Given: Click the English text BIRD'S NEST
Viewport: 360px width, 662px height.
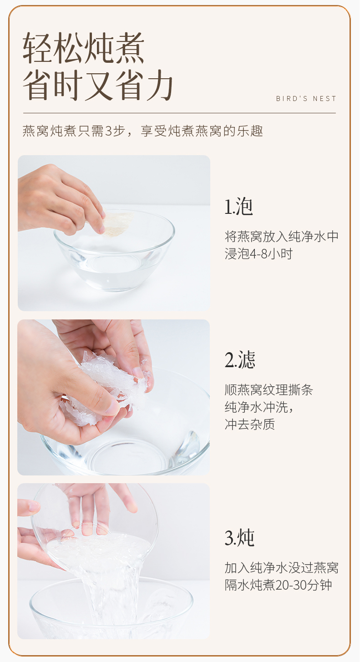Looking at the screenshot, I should click(x=306, y=99).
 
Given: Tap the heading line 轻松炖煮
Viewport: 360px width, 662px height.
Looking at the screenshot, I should click(x=84, y=48).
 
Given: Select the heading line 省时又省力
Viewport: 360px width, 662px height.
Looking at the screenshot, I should click(x=98, y=85).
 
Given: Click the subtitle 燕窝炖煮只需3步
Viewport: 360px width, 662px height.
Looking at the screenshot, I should click(x=72, y=131).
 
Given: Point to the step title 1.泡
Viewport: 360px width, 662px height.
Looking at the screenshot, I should click(x=238, y=207).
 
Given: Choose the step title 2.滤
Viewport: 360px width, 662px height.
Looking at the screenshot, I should click(x=240, y=360).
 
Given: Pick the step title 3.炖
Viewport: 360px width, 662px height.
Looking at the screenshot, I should click(x=239, y=538).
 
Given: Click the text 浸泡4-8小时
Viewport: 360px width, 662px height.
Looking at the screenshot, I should click(x=258, y=254).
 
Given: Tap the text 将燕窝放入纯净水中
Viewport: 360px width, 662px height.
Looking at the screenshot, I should click(x=281, y=237).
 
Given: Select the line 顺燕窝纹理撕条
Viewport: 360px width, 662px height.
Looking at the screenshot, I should click(x=269, y=390).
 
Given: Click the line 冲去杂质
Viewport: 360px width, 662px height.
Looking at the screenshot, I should click(x=250, y=424).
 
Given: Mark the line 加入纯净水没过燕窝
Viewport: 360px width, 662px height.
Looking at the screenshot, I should click(x=281, y=567).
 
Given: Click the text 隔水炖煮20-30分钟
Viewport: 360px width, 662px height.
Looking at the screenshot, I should click(x=278, y=585).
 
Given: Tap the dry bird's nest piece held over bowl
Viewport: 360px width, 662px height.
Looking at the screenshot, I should click(x=117, y=224).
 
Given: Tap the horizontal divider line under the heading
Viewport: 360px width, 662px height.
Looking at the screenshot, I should click(x=179, y=113).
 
